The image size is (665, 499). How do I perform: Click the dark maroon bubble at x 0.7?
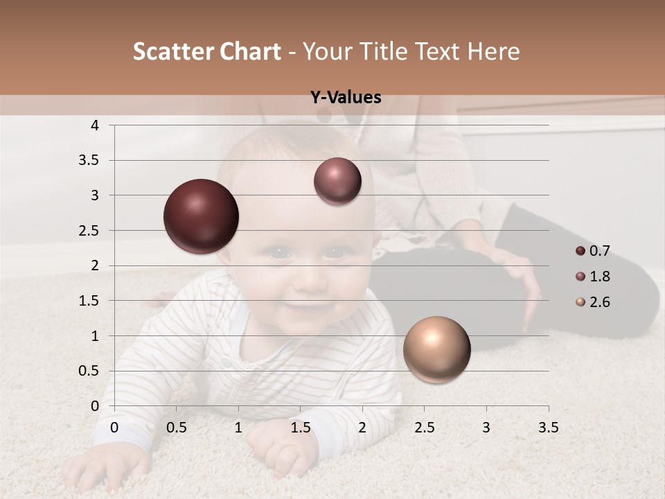202,216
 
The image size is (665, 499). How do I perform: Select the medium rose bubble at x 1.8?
337,182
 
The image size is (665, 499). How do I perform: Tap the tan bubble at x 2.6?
436,349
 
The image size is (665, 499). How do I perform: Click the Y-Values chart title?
346,98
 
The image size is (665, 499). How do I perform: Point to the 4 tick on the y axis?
96,125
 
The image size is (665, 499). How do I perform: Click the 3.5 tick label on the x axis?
549,428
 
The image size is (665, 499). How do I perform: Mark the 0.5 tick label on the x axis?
177,428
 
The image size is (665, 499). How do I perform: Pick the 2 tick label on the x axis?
362,428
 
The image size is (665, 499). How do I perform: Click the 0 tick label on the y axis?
96,406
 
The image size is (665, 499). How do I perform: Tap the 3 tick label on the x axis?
486,428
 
